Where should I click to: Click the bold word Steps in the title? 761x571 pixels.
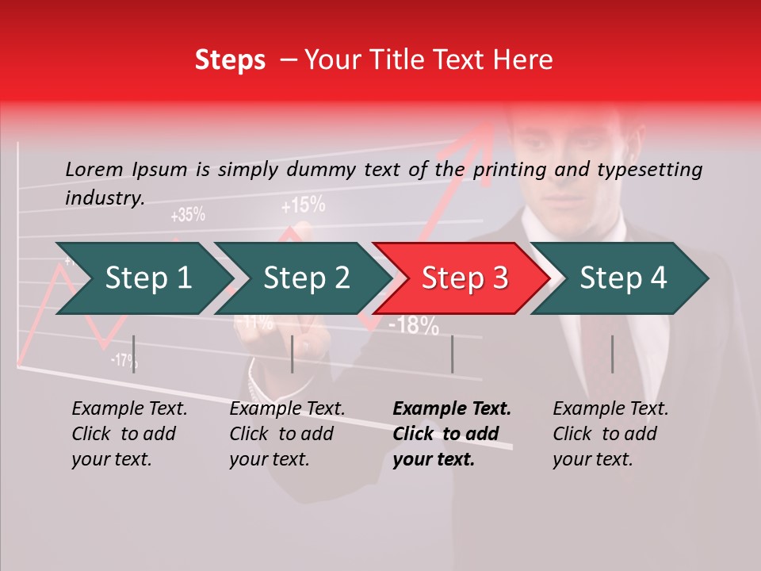coord(230,60)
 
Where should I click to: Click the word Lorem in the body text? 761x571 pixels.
coord(94,169)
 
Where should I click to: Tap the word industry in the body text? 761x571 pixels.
coord(104,197)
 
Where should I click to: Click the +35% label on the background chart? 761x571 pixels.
coord(188,214)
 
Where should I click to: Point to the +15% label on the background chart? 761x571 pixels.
coord(303,206)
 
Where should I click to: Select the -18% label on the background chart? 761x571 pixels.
coord(414,324)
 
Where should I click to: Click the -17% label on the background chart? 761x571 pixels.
coord(124,360)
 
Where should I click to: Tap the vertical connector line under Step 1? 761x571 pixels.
coord(134,354)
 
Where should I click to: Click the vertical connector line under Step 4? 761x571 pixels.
coord(612,354)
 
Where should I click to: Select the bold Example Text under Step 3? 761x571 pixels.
coord(452,409)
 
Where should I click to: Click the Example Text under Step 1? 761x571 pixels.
coord(130,409)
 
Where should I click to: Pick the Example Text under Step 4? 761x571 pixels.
coord(610,409)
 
